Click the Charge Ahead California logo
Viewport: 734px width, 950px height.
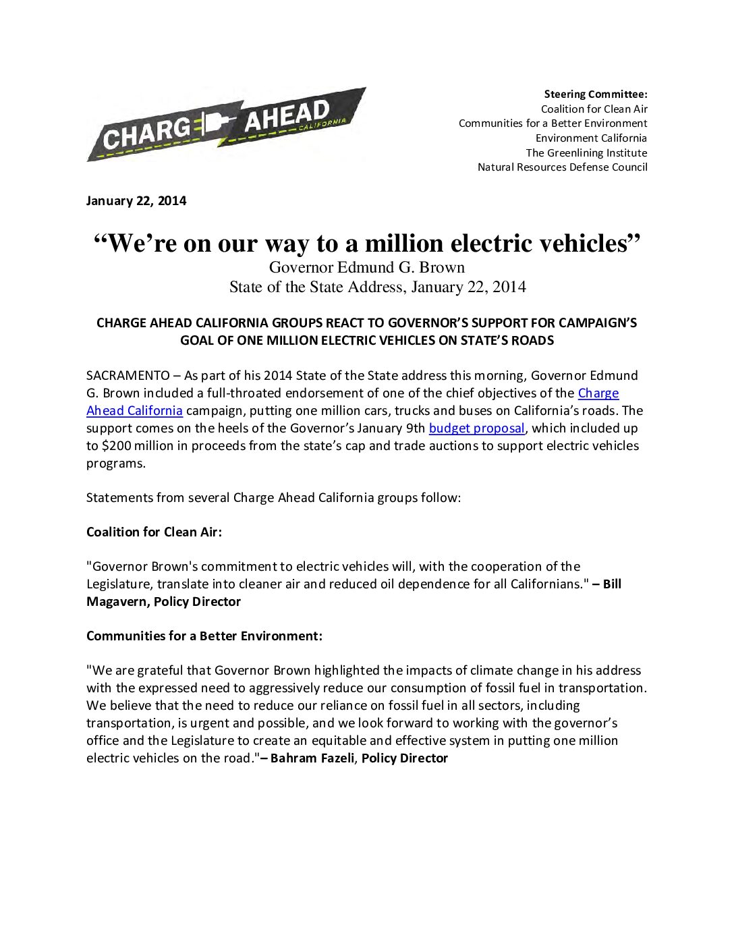[225, 124]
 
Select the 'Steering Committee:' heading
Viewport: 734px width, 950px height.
[596, 94]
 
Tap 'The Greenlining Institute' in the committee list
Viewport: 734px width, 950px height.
[586, 153]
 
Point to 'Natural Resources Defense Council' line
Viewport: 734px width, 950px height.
[562, 167]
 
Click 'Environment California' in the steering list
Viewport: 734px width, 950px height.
[591, 138]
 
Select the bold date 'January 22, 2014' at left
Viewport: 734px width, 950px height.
[136, 201]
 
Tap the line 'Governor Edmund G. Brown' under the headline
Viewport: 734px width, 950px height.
[367, 267]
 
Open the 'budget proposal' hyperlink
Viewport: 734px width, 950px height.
[476, 428]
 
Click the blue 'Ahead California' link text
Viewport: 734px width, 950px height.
[134, 411]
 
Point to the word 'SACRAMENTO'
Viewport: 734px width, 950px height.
[128, 376]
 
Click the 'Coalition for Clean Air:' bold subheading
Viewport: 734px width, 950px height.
[154, 532]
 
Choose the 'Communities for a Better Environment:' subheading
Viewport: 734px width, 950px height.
[204, 636]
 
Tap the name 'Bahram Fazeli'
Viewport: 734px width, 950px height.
[312, 758]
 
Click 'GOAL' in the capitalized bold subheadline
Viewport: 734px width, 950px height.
[196, 341]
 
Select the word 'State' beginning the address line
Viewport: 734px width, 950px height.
[245, 287]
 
